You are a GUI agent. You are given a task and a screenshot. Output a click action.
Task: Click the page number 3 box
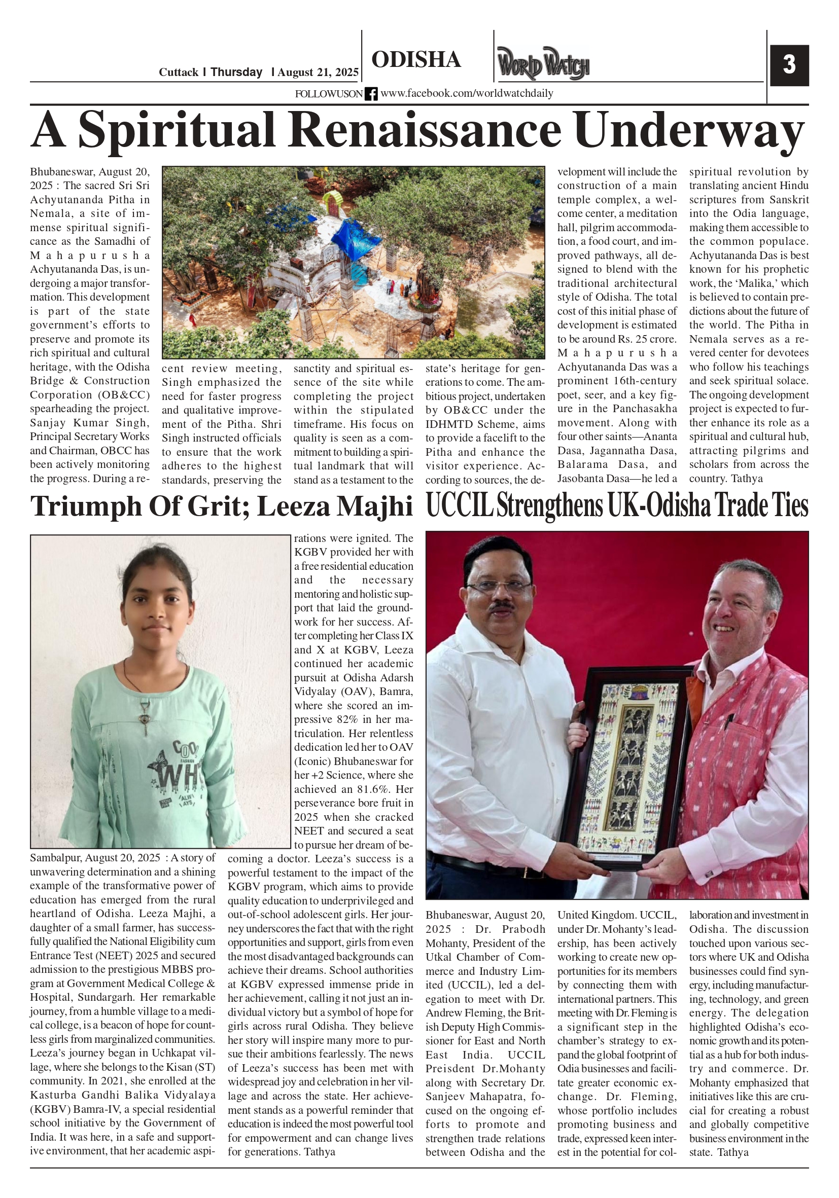coord(789,65)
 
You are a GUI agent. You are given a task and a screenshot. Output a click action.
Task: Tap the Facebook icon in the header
coord(371,94)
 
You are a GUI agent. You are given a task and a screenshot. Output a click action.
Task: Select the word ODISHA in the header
coord(416,60)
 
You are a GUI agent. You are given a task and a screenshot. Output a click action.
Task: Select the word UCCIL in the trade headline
coord(460,505)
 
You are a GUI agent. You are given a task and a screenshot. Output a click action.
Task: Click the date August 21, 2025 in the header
coord(318,72)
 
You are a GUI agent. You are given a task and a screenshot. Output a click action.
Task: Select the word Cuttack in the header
coord(179,72)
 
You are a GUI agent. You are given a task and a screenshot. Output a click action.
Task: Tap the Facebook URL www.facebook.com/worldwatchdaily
coord(466,93)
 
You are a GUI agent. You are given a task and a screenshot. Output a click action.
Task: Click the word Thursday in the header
coord(236,72)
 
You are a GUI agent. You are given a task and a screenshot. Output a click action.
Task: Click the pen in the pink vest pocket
coord(730,722)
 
